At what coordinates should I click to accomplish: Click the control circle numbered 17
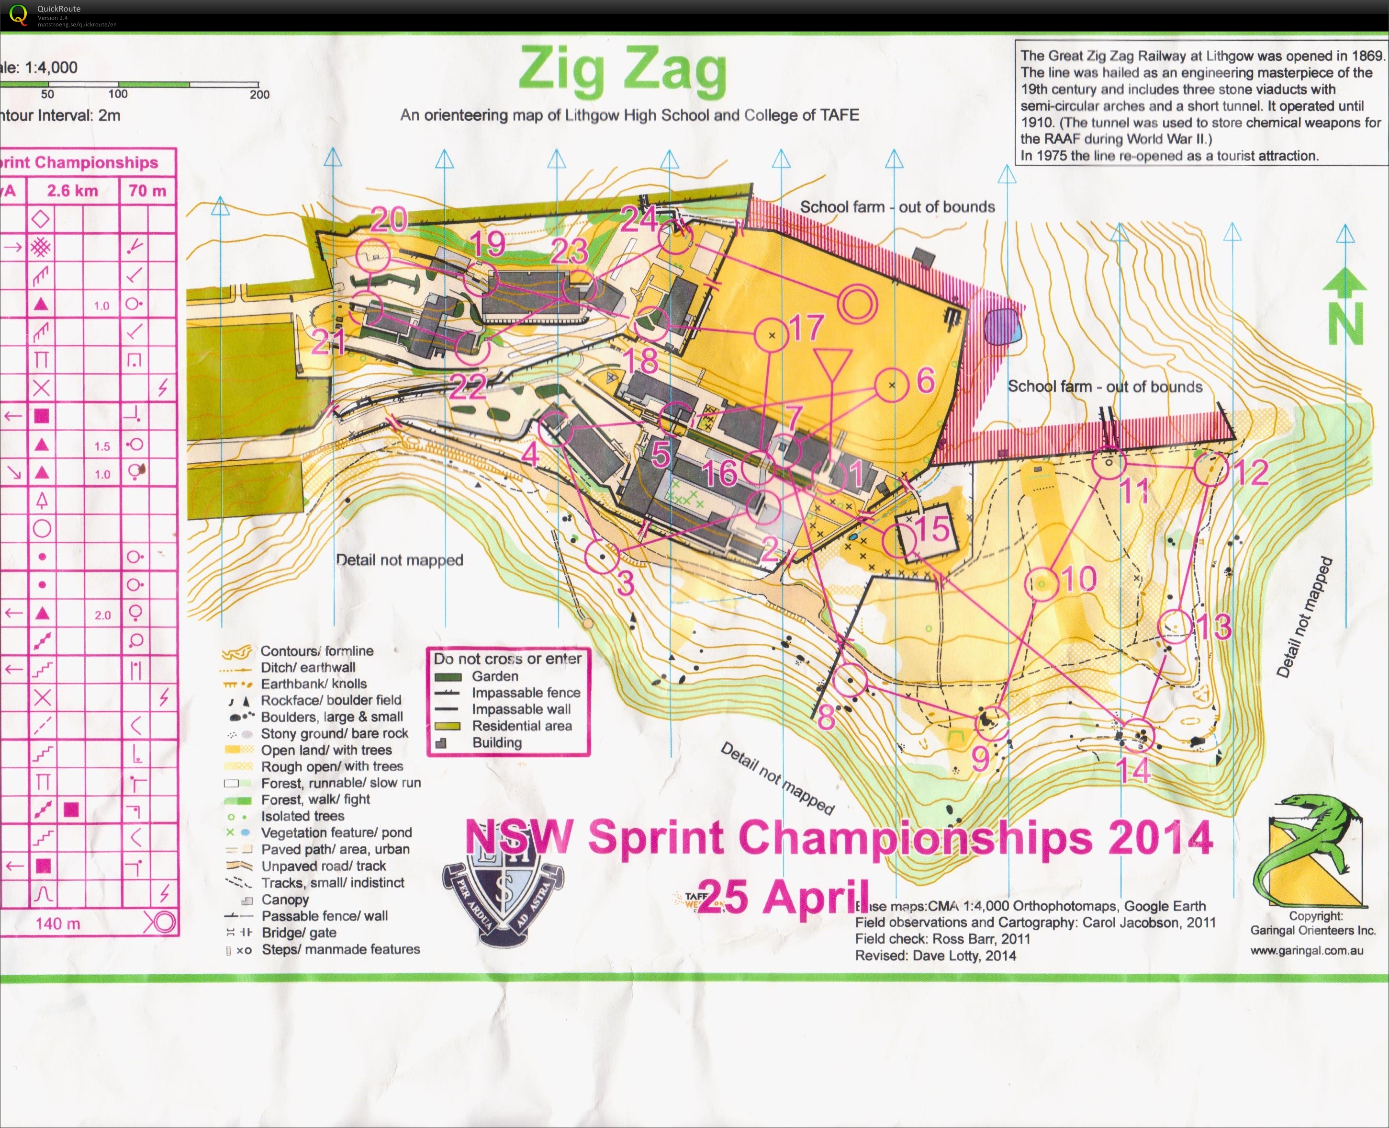click(x=772, y=335)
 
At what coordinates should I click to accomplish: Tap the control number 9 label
click(x=980, y=758)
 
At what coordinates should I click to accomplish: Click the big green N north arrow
click(x=1344, y=308)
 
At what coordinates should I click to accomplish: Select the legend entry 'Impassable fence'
click(x=526, y=693)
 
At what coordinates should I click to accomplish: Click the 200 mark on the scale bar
click(x=259, y=94)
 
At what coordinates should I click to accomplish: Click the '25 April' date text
click(x=783, y=897)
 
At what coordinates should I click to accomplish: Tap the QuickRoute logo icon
click(x=18, y=14)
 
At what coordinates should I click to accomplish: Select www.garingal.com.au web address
click(x=1307, y=951)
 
